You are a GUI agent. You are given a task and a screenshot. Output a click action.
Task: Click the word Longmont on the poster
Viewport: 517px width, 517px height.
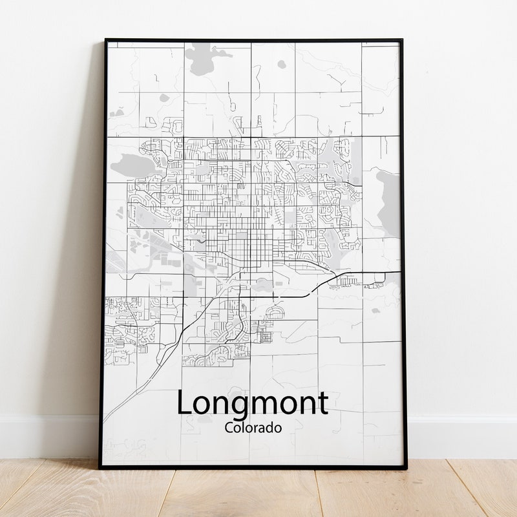point(252,404)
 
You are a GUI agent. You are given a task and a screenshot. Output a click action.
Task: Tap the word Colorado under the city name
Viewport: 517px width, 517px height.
point(253,427)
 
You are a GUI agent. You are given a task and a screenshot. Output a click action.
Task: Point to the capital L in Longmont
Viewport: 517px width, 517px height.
point(184,403)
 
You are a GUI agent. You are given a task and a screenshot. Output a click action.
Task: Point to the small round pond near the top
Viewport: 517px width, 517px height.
point(281,64)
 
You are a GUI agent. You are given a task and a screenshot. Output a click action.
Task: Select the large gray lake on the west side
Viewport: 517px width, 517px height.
point(134,166)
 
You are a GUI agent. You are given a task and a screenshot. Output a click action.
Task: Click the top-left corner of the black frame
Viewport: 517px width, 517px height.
point(106,40)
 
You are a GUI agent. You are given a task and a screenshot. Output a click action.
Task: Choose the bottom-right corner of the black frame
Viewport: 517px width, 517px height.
point(406,467)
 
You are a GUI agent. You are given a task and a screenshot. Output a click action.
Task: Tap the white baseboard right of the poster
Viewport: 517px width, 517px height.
point(462,436)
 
